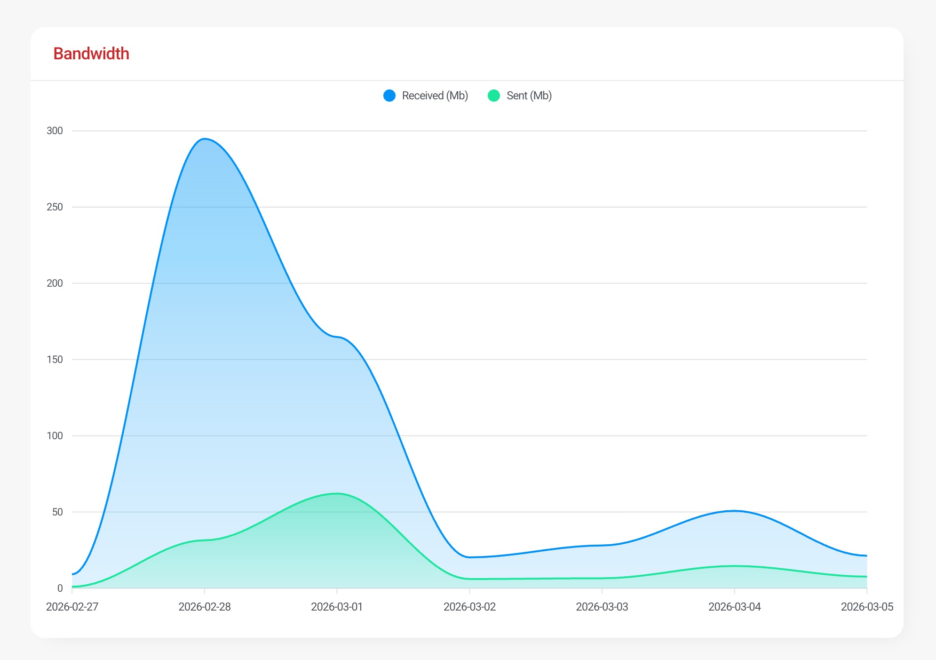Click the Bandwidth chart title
91,54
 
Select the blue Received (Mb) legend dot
389,96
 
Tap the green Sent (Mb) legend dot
494,96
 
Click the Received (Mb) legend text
435,96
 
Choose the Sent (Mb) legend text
529,96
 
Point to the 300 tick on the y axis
55,131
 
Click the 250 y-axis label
55,207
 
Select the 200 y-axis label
55,283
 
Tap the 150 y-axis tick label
55,360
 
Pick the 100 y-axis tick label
55,436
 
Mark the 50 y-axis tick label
57,512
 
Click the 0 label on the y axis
60,588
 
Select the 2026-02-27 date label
72,607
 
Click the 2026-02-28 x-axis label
205,607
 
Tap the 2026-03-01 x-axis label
337,607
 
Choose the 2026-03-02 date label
469,607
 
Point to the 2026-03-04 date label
734,607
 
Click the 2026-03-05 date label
867,607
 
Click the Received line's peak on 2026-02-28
205,139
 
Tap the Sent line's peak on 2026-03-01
337,493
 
